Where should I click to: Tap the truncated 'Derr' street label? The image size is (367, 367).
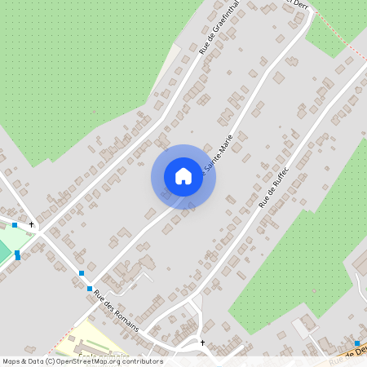[298, 4]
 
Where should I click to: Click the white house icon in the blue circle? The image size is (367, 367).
[183, 176]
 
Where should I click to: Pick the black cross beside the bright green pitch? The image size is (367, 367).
[32, 224]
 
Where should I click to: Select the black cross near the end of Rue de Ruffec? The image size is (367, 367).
[202, 343]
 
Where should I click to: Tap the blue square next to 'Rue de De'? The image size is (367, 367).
[356, 343]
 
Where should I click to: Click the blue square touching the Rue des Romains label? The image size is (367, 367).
[90, 289]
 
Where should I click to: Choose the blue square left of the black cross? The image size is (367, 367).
[14, 224]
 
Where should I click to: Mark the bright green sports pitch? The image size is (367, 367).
[4, 251]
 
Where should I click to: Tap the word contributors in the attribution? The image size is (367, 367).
[137, 360]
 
